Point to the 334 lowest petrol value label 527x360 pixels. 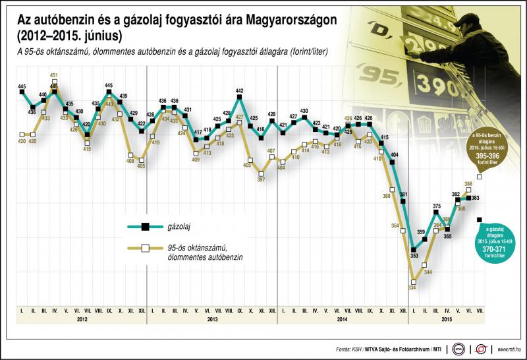(x=412, y=287)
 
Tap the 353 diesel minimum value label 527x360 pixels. (x=414, y=256)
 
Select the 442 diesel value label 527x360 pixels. (x=240, y=91)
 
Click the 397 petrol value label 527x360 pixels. (x=261, y=179)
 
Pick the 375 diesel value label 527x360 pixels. (x=437, y=206)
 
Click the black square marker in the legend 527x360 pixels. (x=143, y=227)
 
